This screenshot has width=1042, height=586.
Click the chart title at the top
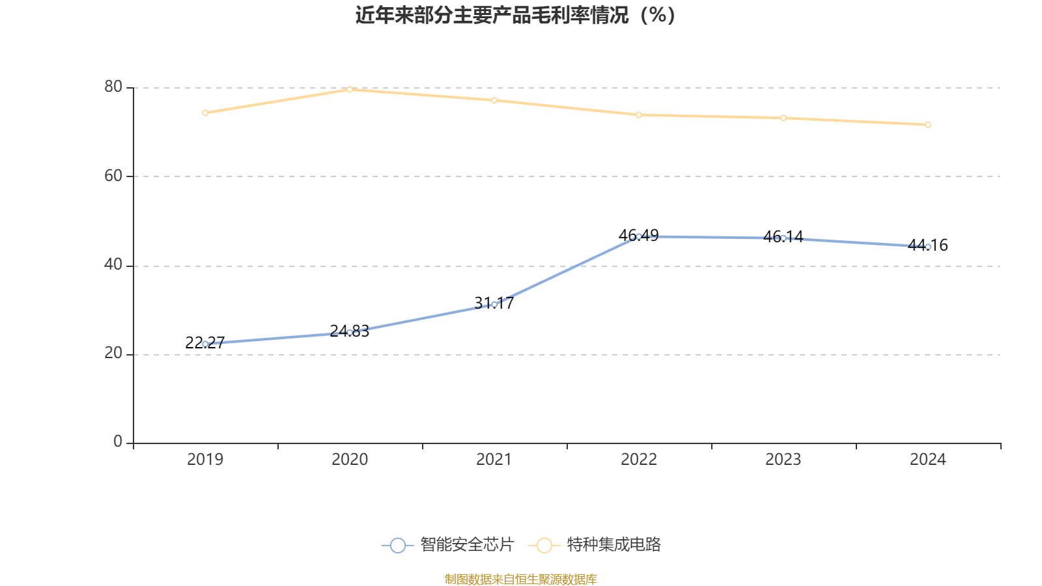coord(515,15)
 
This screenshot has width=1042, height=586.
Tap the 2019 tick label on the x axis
coord(205,460)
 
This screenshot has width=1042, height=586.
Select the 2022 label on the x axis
coord(639,460)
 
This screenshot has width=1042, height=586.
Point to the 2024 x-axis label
coord(927,460)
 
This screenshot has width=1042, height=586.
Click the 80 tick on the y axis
coord(113,87)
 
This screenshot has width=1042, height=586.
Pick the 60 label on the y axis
coord(113,176)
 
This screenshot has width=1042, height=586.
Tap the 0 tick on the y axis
coord(118,441)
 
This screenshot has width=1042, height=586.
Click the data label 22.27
coord(205,342)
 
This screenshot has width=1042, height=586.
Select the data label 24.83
coord(350,331)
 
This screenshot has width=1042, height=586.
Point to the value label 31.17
coord(494,303)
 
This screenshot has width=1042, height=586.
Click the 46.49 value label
coord(639,235)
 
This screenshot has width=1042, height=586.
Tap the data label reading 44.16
coord(928,245)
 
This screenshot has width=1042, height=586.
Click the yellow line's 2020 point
coord(350,89)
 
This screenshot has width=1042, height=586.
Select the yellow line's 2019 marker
coord(205,113)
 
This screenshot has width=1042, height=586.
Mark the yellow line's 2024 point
coord(928,124)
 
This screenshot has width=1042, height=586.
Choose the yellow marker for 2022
coord(639,115)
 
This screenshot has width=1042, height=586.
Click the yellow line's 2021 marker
coord(494,100)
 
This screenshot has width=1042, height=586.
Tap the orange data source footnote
coord(520,579)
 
